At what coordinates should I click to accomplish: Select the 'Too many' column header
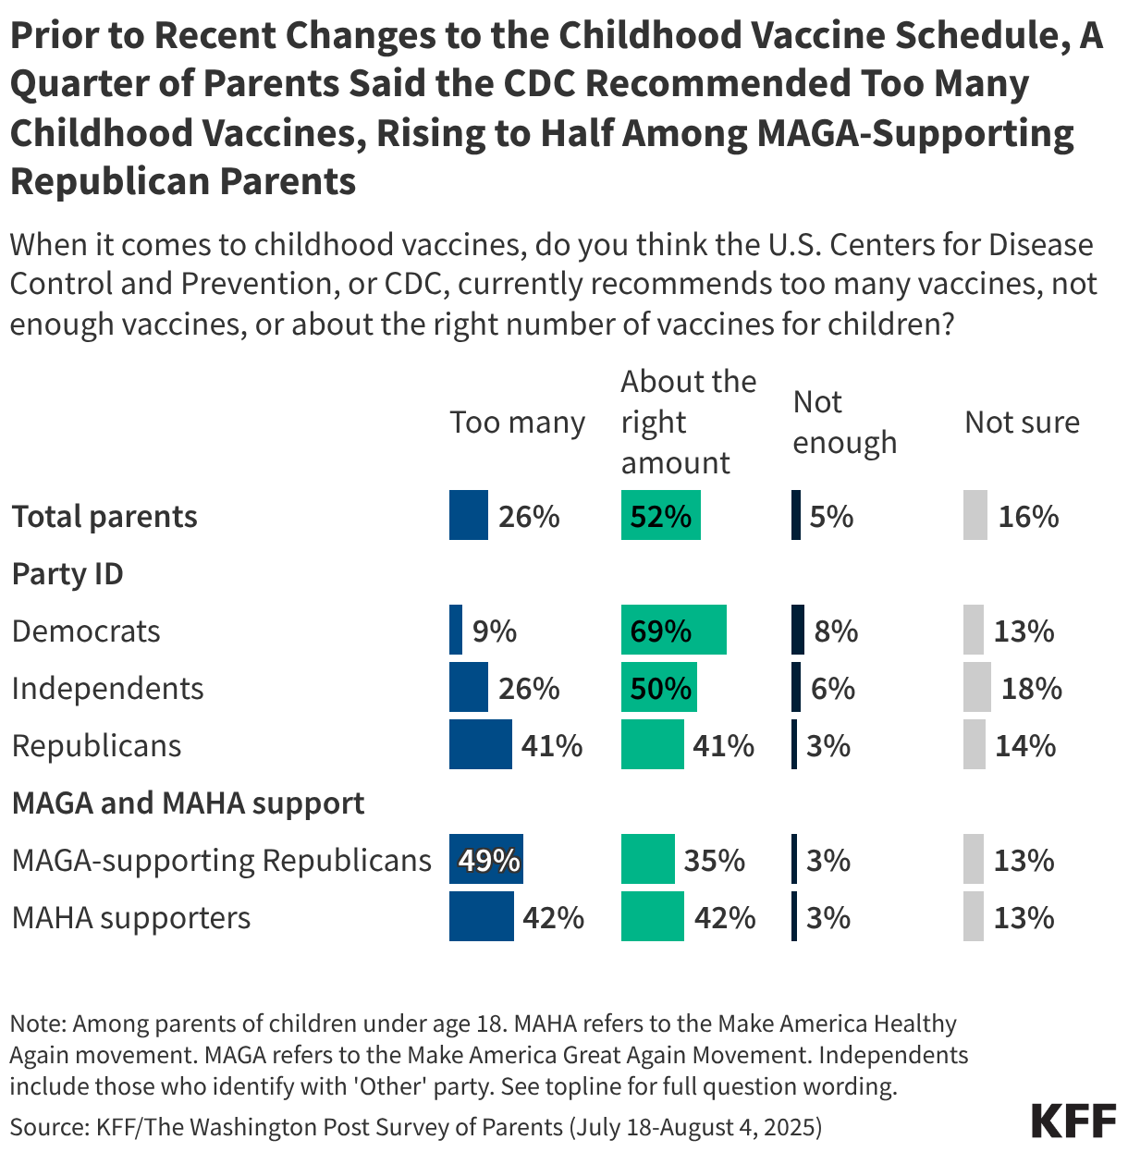pos(517,423)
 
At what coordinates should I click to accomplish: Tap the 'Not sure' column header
pos(1022,423)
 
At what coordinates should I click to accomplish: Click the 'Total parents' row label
pos(104,516)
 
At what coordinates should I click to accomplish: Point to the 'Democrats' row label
pos(86,631)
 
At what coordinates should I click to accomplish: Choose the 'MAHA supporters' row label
pos(131,917)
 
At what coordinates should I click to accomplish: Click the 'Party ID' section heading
pos(67,573)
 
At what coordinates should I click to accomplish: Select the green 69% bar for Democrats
pos(673,631)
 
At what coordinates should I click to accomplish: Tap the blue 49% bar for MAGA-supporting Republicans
pos(486,860)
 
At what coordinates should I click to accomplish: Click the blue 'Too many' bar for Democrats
pos(456,631)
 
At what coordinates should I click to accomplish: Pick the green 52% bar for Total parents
pos(660,516)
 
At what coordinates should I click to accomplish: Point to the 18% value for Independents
pos(1032,689)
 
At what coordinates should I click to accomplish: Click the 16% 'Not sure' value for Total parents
pos(1028,516)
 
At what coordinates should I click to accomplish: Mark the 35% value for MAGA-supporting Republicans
pos(715,861)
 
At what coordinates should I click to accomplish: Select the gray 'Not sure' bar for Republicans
pos(975,745)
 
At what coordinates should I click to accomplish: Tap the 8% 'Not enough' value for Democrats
pos(836,631)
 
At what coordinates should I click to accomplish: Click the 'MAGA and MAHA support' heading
pos(188,803)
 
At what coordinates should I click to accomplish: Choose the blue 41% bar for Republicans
pos(480,745)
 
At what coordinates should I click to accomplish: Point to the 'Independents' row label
pos(107,688)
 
